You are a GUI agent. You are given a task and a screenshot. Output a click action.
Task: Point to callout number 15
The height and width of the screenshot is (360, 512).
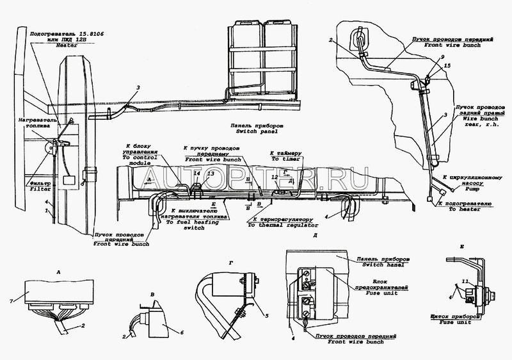click(x=447, y=66)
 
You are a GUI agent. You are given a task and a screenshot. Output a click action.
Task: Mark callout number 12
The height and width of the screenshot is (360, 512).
click(x=275, y=176)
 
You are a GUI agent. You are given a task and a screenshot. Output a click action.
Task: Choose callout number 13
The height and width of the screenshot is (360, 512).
click(x=211, y=174)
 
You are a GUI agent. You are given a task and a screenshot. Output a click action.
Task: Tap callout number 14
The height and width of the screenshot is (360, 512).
click(x=196, y=174)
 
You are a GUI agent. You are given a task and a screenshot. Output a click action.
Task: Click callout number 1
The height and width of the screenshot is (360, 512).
click(x=47, y=209)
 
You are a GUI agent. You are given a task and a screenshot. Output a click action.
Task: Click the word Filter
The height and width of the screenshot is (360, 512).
click(x=39, y=190)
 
